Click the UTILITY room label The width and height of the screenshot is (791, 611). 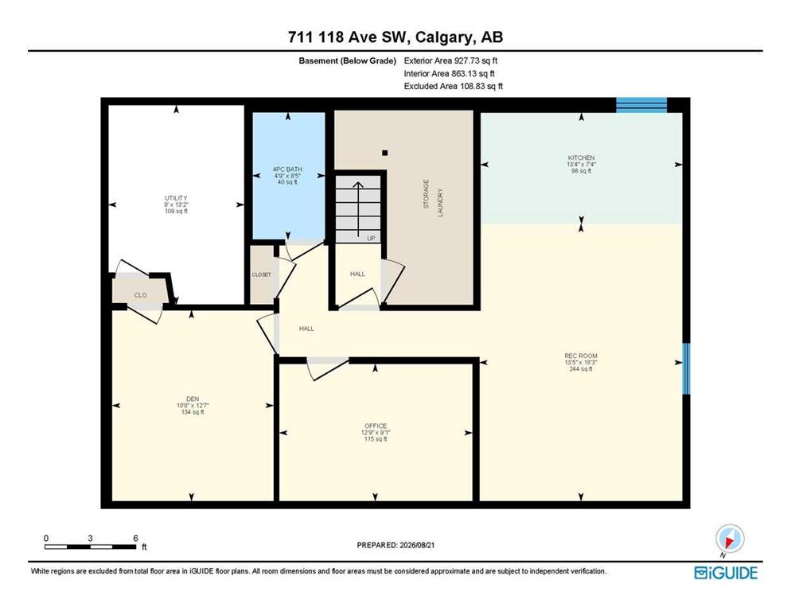point(176,198)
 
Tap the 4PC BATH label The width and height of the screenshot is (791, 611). point(287,169)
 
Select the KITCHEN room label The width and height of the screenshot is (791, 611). point(581,158)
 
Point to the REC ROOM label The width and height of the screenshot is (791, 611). point(581,356)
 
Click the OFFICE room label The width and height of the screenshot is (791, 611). point(376,426)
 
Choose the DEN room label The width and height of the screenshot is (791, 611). point(193,399)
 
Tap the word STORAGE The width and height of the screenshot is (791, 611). point(426,194)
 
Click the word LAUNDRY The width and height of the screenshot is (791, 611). point(440,202)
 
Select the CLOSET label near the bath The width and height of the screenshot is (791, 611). point(261,274)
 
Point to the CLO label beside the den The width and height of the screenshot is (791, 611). point(140,295)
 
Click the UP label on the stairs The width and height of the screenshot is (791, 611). point(372,238)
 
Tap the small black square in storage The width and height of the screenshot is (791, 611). point(385,153)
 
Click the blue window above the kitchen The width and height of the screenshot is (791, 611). point(641,105)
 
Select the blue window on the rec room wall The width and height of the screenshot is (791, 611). point(686,368)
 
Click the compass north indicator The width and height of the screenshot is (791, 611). point(729,540)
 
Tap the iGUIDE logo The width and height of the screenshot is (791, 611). point(726,573)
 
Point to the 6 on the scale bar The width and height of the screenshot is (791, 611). point(135,538)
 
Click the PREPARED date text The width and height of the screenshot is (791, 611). point(395,545)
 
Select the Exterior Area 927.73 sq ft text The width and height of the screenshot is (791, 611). point(450,60)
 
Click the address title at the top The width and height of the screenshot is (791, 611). point(395,37)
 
